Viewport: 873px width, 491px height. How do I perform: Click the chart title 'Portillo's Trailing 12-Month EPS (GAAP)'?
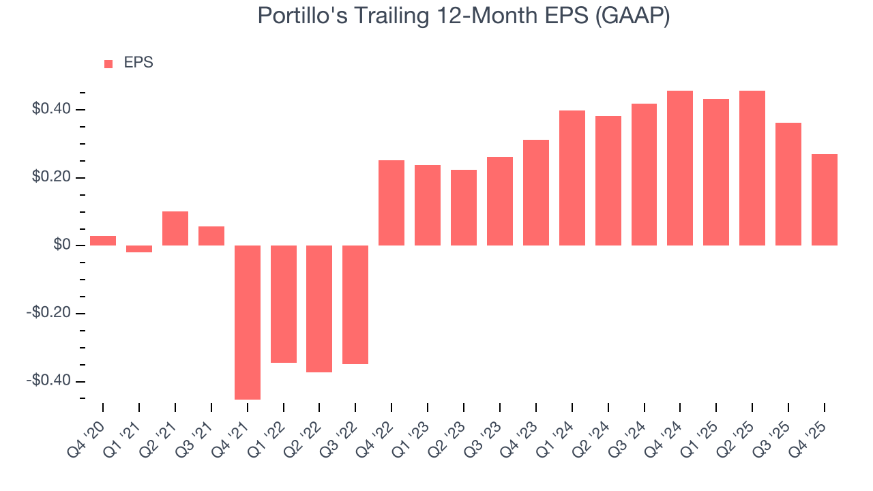(x=464, y=15)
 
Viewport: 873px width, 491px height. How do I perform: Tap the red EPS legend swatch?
(x=108, y=63)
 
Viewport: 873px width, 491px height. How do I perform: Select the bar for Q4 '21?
(x=248, y=322)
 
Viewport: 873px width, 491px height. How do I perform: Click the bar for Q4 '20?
(x=103, y=241)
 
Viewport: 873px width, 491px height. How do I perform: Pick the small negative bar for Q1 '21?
(x=139, y=249)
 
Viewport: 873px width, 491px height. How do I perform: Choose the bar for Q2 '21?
(x=175, y=228)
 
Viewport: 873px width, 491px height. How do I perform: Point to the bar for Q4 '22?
(x=391, y=203)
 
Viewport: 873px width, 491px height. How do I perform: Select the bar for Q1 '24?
(x=572, y=178)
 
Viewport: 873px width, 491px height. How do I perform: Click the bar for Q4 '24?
(x=680, y=168)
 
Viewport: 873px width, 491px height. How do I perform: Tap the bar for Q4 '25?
(x=825, y=200)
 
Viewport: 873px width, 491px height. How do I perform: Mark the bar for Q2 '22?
(x=319, y=308)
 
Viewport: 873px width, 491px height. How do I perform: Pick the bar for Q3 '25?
(x=788, y=184)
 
